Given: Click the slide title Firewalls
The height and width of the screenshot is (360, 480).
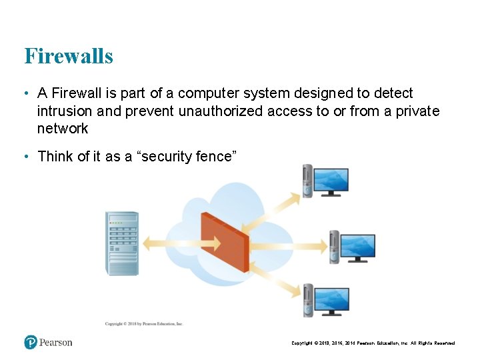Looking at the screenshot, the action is coord(69,56).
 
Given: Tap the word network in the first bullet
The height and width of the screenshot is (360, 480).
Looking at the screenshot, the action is coord(63,128).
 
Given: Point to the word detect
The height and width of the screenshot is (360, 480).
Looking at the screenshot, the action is coord(391,93).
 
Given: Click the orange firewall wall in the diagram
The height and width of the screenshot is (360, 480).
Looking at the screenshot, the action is coord(225,241).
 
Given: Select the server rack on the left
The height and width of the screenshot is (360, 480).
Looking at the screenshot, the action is coord(122,243).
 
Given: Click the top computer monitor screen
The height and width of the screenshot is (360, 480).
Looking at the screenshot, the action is coord(331,179).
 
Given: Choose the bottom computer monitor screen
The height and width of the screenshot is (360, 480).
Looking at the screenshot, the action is coord(331,299).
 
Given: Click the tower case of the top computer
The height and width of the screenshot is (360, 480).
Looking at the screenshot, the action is coord(307,181).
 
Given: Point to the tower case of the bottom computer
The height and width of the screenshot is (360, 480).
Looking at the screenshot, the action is coord(307,301).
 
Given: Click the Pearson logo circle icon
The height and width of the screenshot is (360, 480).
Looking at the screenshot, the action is coord(31,342).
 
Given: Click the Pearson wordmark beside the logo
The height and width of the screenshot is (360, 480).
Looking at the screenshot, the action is coord(56,343).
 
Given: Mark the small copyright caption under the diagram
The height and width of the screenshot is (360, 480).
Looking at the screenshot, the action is coord(143,324).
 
